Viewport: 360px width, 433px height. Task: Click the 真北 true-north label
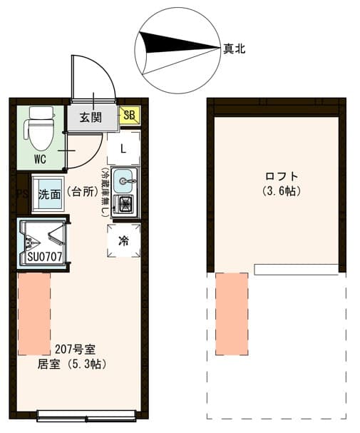(235, 49)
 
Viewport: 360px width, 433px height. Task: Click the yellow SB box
(130, 115)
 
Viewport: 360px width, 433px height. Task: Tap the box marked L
(123, 148)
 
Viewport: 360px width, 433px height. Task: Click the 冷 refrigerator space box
(123, 240)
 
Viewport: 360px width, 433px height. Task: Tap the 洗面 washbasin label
(49, 193)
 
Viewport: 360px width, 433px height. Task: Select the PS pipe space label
(19, 193)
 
